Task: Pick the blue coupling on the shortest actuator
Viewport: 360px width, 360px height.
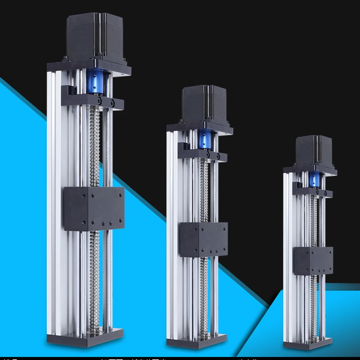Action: coord(315,179)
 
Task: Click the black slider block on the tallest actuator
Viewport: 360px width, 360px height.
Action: coord(94,208)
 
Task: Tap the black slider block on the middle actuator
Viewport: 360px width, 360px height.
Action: coord(203,239)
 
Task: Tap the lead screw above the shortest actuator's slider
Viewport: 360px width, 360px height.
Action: coord(314,220)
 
